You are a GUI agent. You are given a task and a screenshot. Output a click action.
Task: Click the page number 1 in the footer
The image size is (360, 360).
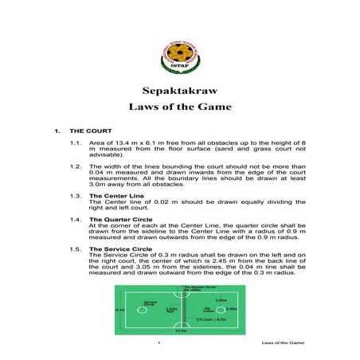click(160, 342)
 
